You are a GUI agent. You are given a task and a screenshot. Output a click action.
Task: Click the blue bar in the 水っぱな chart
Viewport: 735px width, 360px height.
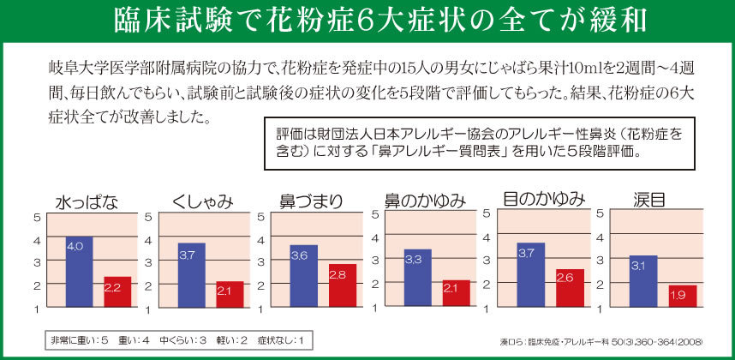tap(79, 271)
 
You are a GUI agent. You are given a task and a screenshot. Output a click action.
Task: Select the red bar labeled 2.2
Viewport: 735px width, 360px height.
tap(117, 291)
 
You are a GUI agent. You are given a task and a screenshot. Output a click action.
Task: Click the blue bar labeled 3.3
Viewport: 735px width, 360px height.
tap(417, 278)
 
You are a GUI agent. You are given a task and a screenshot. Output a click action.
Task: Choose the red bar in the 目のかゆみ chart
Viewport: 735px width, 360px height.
tap(570, 287)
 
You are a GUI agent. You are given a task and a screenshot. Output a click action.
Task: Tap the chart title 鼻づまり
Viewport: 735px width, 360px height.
tap(312, 201)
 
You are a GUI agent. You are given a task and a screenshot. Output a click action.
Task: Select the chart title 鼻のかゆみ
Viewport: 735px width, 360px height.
tap(426, 201)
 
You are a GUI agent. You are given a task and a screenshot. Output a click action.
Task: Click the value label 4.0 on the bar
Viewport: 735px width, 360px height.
tap(75, 247)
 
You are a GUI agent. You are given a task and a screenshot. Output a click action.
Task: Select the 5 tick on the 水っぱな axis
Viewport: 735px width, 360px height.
tap(35, 218)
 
